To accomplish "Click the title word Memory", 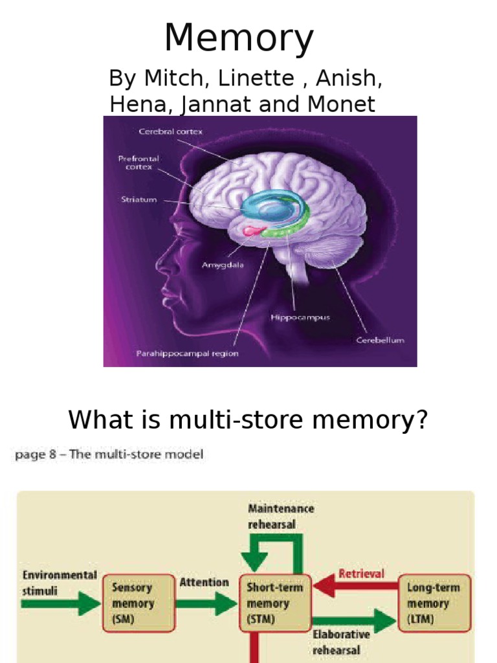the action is (239, 38).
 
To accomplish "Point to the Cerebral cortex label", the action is (171, 131).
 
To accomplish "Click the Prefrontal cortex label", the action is (138, 162).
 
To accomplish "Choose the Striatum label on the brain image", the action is (138, 199).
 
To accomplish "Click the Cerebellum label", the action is (381, 340).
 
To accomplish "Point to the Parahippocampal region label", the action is (187, 354).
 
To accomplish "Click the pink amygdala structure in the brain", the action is (251, 229).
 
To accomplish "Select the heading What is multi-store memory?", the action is (248, 420).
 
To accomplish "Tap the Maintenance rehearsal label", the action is (281, 517).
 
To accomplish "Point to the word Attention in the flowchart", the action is (204, 582).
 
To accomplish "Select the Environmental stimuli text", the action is (60, 582).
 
